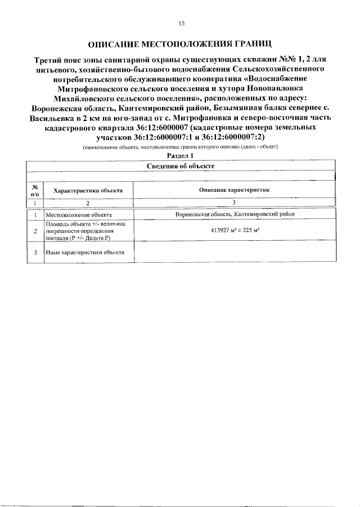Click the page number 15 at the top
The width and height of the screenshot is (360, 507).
(181, 23)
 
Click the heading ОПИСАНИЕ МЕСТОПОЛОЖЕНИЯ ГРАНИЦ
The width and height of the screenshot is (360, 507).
(181, 44)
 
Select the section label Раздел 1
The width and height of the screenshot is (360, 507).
(181, 155)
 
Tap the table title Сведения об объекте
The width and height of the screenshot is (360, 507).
(181, 165)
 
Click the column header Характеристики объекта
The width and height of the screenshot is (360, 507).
(88, 190)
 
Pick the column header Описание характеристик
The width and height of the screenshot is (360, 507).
(234, 190)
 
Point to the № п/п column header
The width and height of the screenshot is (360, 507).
(35, 190)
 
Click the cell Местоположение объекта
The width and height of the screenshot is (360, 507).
(79, 215)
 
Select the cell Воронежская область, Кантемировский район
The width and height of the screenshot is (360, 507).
(234, 215)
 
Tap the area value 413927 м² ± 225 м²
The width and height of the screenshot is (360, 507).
(234, 231)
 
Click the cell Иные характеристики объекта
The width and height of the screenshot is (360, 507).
(85, 253)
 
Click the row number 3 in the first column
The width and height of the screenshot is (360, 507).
(35, 253)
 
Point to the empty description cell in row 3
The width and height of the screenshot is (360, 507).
(234, 253)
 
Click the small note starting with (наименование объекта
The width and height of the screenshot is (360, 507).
(181, 147)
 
